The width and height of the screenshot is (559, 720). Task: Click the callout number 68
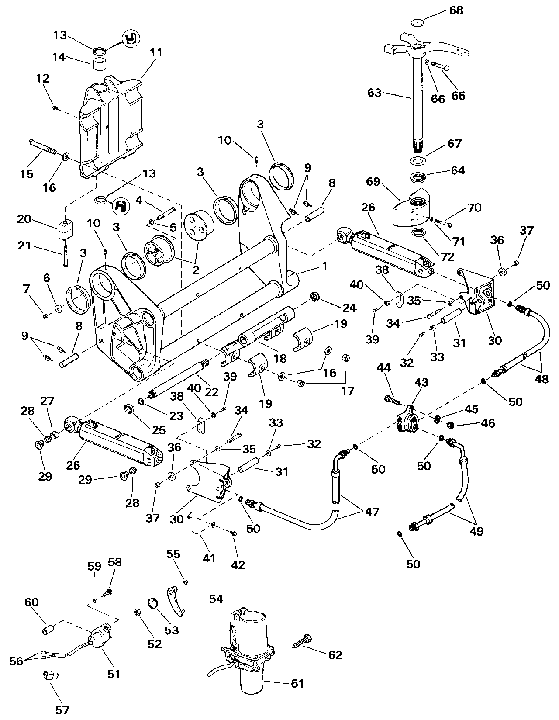[x=456, y=10]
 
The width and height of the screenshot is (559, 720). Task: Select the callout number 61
[x=297, y=683]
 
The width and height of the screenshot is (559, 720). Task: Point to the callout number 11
[x=156, y=53]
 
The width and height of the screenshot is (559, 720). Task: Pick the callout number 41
[x=209, y=558]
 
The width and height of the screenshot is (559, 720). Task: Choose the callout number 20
[x=24, y=218]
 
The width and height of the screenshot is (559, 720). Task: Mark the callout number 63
[x=375, y=93]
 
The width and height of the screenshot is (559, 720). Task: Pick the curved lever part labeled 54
[x=176, y=603]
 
